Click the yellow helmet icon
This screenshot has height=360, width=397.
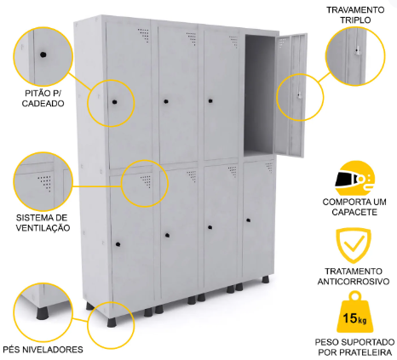point(354,178)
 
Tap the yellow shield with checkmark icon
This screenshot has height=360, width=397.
point(354,245)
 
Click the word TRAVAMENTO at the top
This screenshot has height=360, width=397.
point(355,10)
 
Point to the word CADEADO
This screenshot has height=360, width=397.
point(43,104)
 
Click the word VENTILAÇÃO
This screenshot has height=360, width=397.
point(43,228)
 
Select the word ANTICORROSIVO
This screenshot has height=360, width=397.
point(354,282)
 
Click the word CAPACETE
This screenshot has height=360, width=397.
point(354,212)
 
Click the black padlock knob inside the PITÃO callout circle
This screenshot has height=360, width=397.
point(43,54)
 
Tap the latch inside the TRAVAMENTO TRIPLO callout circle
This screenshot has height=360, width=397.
point(358,52)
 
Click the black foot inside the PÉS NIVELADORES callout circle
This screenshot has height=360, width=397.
point(42,312)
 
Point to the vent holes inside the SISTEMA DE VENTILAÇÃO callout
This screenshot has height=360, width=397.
point(45,182)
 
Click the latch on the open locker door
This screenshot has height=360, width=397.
point(299,95)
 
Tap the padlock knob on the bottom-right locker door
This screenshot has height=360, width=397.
point(249,220)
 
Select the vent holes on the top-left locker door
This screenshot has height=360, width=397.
point(144,35)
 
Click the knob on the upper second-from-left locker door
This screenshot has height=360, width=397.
point(166,101)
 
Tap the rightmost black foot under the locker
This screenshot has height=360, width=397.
point(266,279)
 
